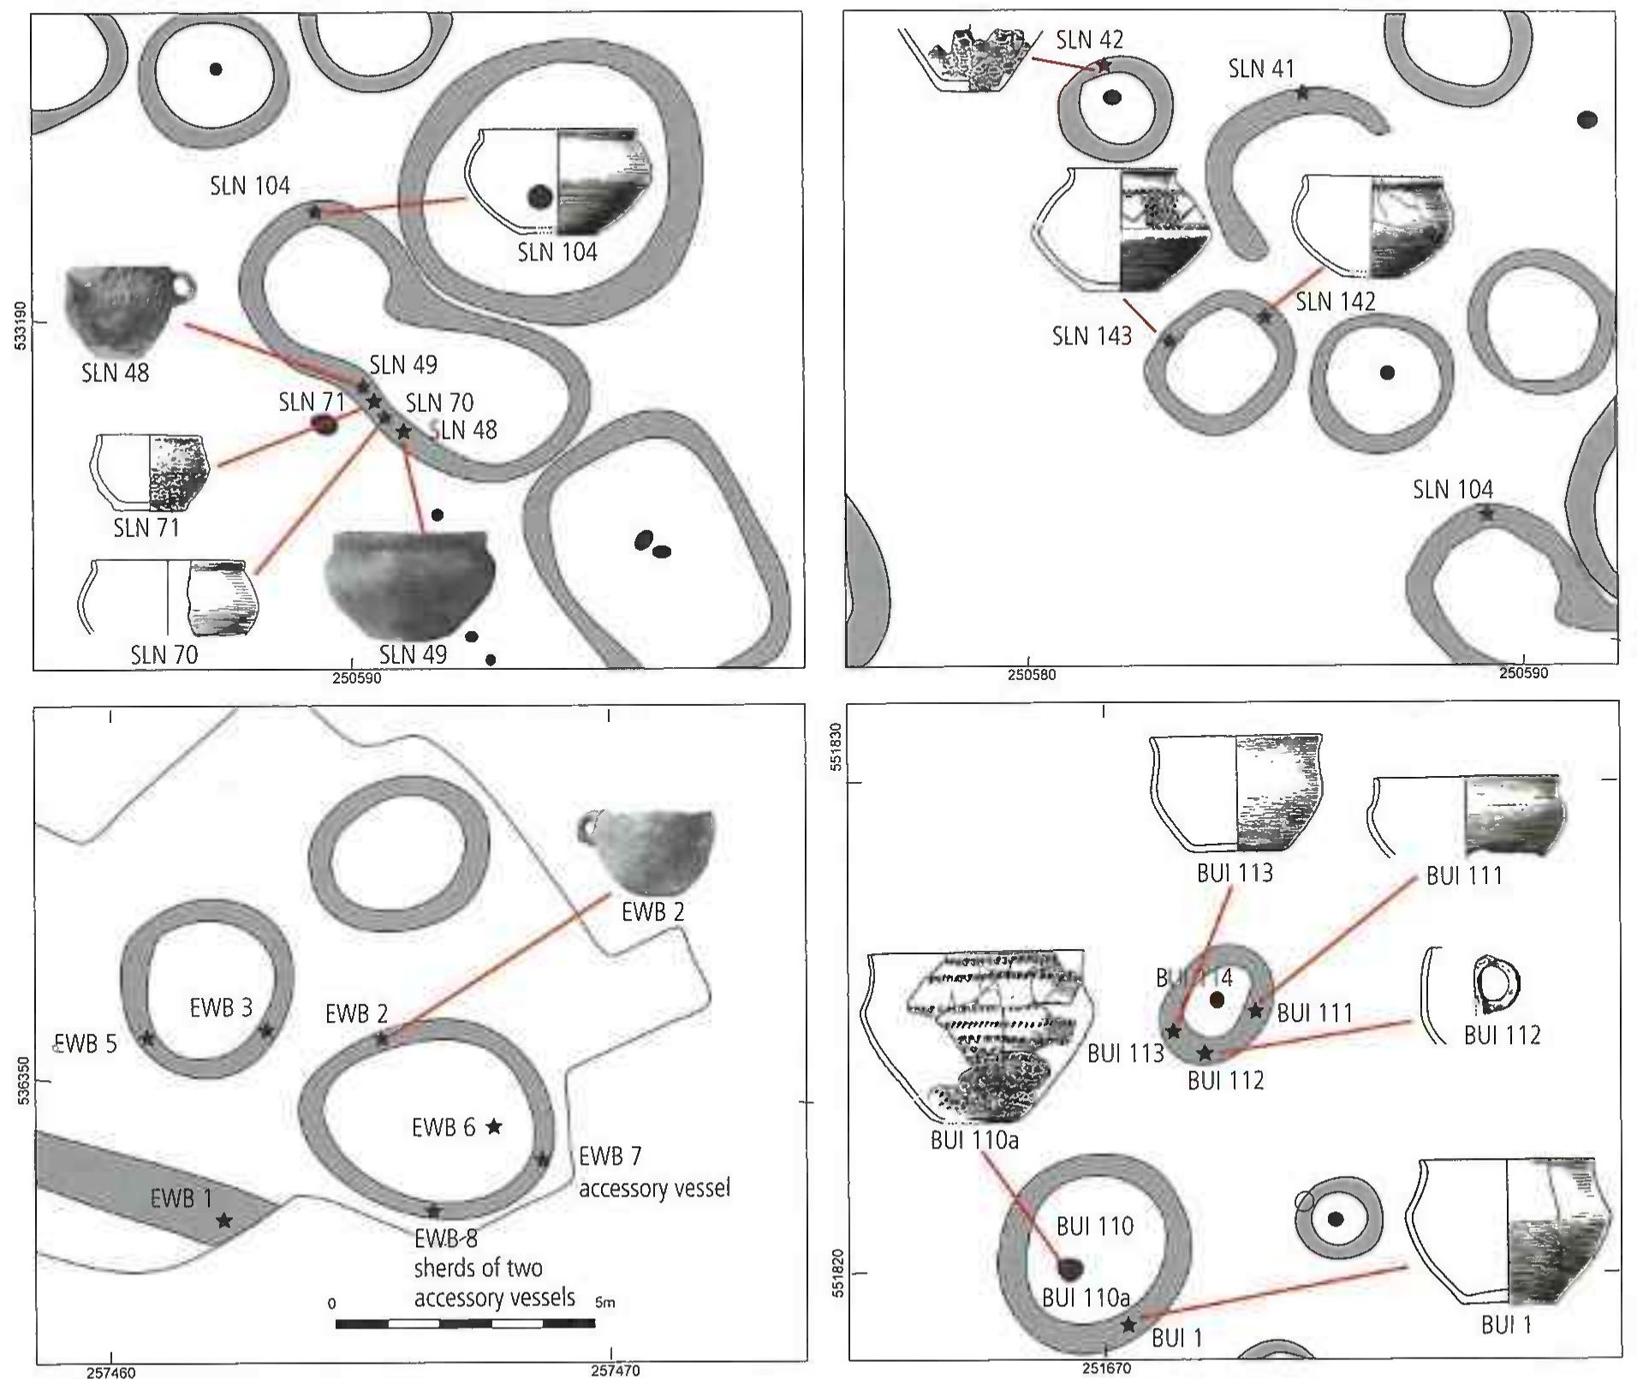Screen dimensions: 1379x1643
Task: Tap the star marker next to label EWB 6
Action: click(x=494, y=1126)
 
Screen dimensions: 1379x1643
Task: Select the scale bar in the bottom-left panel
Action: click(x=465, y=1324)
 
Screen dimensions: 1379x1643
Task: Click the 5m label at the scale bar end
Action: click(x=604, y=1303)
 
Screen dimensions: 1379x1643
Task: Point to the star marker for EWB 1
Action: click(x=224, y=1220)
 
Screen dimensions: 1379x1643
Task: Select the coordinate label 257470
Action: click(x=615, y=1370)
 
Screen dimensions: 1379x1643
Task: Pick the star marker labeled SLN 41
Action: click(x=1302, y=93)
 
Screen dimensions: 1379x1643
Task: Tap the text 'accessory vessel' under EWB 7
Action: click(x=654, y=1189)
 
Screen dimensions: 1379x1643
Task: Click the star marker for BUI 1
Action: click(x=1128, y=1325)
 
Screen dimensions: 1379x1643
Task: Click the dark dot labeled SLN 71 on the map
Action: click(x=324, y=424)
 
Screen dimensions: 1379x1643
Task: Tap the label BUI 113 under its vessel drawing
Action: click(x=1235, y=873)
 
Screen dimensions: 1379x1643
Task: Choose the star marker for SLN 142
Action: click(x=1265, y=317)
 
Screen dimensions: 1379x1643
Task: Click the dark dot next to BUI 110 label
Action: click(x=1070, y=1268)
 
